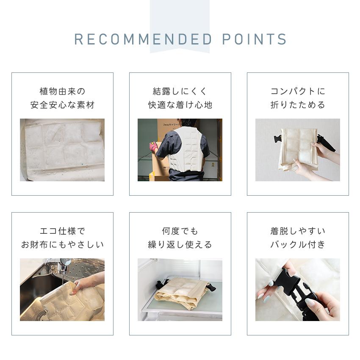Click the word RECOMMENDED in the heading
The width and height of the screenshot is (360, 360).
(x=143, y=39)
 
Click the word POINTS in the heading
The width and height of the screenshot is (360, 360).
(x=255, y=39)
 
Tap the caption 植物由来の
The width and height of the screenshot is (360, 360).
(x=62, y=91)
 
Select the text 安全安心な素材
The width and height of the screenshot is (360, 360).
(x=62, y=105)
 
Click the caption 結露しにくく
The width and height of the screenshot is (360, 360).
(x=180, y=91)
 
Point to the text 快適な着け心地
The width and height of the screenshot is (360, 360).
(x=180, y=105)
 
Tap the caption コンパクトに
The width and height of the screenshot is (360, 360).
(x=298, y=91)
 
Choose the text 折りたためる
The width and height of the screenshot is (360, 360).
(x=298, y=105)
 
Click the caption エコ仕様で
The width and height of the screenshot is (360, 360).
(x=62, y=231)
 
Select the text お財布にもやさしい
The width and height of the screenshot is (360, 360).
(x=62, y=245)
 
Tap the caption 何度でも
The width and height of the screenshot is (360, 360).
(x=180, y=231)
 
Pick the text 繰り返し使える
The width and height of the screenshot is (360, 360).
(x=180, y=245)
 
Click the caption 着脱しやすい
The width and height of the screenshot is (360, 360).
(x=298, y=231)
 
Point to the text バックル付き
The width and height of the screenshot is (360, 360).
(x=298, y=245)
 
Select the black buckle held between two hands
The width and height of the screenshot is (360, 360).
(x=296, y=288)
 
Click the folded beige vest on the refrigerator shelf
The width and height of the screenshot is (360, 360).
(x=180, y=292)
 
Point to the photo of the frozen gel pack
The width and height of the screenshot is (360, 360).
(x=62, y=150)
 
